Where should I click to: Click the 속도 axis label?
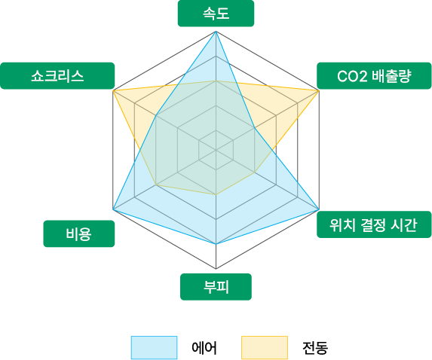tap(216, 14)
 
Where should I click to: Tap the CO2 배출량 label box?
tap(374, 76)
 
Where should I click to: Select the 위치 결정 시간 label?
tap(374, 224)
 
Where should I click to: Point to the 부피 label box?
tap(216, 287)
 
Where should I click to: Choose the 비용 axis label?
tap(79, 233)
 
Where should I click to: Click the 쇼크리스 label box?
tap(57, 75)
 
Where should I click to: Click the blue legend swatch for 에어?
tap(154, 347)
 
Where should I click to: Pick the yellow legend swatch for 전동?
tap(265, 347)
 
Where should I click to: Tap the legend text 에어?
tap(204, 348)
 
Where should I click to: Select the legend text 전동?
tap(315, 348)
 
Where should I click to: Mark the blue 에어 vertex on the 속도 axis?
tap(216, 32)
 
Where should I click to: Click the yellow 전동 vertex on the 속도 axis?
tap(216, 81)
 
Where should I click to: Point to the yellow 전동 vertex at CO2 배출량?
tap(319, 90)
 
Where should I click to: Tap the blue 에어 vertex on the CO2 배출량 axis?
tap(254, 128)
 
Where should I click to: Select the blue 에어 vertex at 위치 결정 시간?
tap(319, 209)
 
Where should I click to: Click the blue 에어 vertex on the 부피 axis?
tap(216, 244)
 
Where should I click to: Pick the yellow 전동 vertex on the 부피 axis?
tap(216, 194)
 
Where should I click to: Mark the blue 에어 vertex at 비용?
tap(113, 209)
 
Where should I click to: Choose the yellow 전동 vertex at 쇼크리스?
tap(113, 90)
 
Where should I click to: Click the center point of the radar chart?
tap(216, 150)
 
